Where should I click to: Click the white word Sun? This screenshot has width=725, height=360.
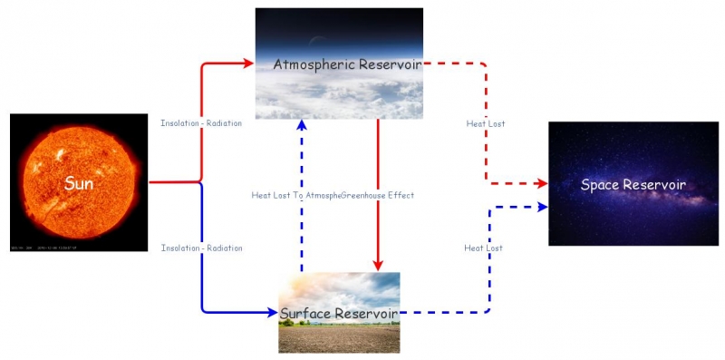pyautogui.click(x=80, y=184)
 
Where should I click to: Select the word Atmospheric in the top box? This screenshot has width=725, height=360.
pyautogui.click(x=314, y=64)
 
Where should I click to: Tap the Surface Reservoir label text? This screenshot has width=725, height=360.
pyautogui.click(x=339, y=314)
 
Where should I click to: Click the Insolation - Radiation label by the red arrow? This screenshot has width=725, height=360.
pyautogui.click(x=201, y=123)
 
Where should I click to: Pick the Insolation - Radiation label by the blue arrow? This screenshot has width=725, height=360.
pyautogui.click(x=201, y=248)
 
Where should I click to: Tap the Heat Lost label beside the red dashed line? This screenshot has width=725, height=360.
pyautogui.click(x=485, y=123)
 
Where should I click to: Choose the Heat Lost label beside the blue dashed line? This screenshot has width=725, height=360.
pyautogui.click(x=483, y=248)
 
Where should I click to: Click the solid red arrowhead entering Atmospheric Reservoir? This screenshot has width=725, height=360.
pyautogui.click(x=249, y=63)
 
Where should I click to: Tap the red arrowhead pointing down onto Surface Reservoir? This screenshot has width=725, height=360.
pyautogui.click(x=377, y=266)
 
